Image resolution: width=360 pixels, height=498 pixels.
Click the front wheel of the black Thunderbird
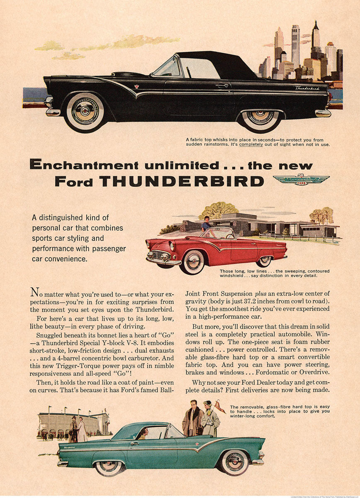pyautogui.click(x=85, y=110)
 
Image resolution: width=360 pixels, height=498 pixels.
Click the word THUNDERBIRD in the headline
pyautogui.click(x=182, y=181)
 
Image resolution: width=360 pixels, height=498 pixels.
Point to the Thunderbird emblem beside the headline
pyautogui.click(x=301, y=179)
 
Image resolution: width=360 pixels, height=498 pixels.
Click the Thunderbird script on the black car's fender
pyautogui.click(x=307, y=88)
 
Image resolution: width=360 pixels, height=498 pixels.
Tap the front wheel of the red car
pyautogui.click(x=192, y=261)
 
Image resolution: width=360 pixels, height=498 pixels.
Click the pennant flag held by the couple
pyautogui.click(x=220, y=407)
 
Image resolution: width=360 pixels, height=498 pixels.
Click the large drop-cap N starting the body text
pyautogui.click(x=34, y=293)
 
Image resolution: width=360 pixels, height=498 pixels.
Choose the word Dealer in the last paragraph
pyautogui.click(x=269, y=382)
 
